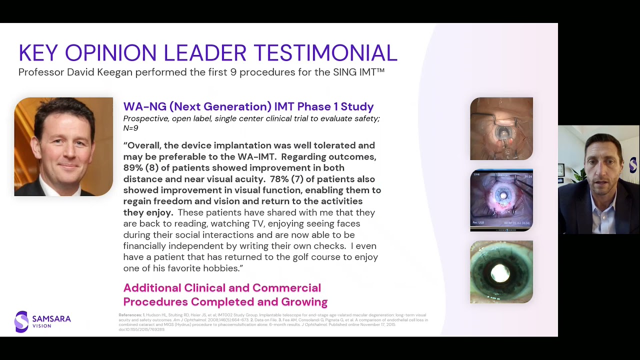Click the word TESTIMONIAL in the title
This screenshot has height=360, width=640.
coord(325,53)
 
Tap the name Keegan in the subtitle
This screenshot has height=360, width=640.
coord(114,72)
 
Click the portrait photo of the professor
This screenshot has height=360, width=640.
coord(63,146)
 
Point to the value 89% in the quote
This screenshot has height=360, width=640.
coord(133,168)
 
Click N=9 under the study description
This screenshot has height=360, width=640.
coord(130,128)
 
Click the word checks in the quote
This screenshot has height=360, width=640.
coord(324,246)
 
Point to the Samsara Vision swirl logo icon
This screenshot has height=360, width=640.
coord(21,321)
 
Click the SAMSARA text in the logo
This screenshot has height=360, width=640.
coord(51,318)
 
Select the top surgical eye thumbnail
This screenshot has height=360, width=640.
coord(501,128)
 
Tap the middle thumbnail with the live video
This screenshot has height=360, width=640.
coord(501,200)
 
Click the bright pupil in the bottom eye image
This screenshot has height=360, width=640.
coord(500,273)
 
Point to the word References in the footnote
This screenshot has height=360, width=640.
coord(129,315)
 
